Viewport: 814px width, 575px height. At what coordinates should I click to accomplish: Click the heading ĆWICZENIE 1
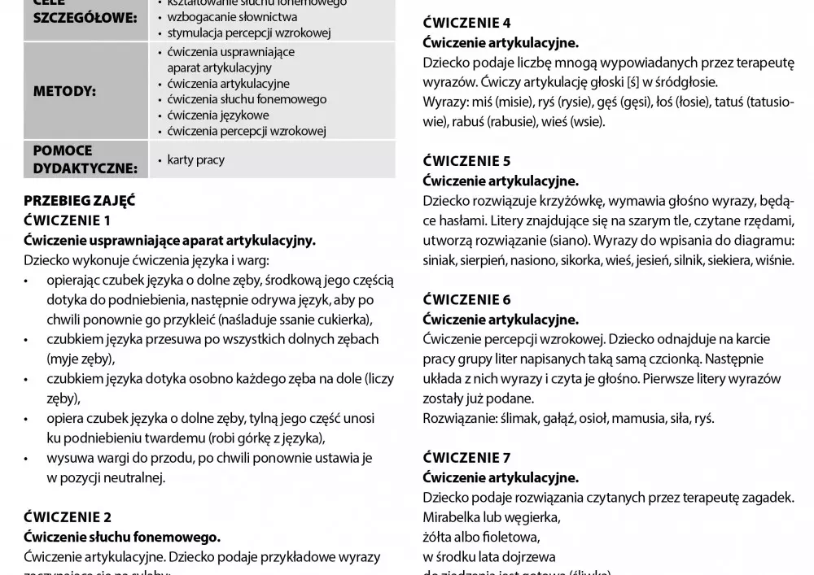[x=68, y=220]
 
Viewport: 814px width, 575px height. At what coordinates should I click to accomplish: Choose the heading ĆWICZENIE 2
[x=68, y=517]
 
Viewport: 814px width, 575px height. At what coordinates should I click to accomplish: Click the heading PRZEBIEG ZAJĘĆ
[x=80, y=201]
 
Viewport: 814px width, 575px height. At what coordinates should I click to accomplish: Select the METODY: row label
[x=64, y=91]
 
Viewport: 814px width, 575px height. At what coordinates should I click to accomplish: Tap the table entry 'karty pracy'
[x=195, y=160]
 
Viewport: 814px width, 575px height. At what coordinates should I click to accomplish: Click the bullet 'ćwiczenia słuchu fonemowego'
[x=247, y=99]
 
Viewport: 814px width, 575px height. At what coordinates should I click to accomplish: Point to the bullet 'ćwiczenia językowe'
[x=218, y=115]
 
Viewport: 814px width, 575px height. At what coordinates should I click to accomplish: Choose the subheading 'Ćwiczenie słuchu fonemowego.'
[x=122, y=537]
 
